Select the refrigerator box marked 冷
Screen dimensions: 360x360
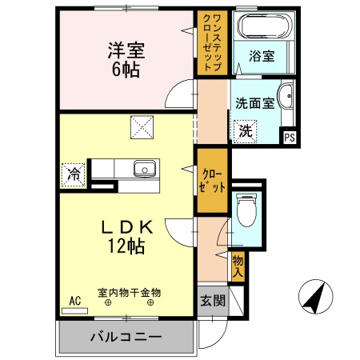tap(73, 172)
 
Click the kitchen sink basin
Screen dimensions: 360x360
tap(145, 169)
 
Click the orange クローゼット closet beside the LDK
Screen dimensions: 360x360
tap(212, 181)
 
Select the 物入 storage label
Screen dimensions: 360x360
tap(238, 264)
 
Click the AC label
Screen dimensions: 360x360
tap(74, 301)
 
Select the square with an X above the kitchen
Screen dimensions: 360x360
tap(142, 127)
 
